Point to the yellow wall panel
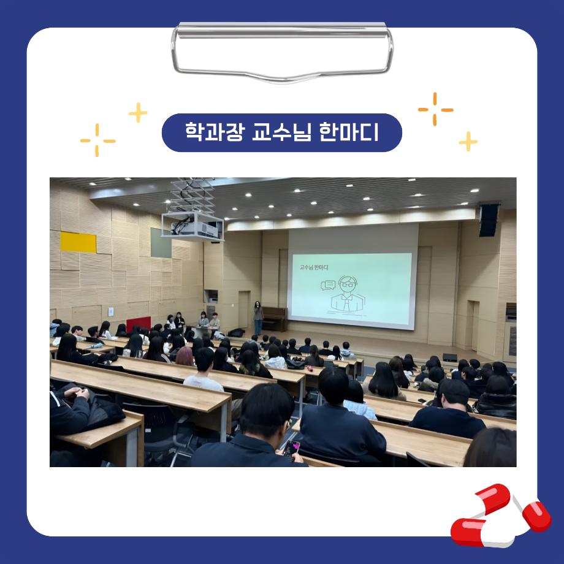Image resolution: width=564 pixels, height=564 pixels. [x=78, y=242]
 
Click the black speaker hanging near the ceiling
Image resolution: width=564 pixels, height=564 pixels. [x=489, y=219]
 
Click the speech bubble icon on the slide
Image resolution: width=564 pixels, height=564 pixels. [x=328, y=284]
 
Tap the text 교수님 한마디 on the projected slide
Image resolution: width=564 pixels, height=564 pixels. [x=314, y=267]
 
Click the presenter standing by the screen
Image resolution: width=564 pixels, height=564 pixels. [x=259, y=318]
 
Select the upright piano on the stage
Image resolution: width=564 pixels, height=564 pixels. [x=274, y=319]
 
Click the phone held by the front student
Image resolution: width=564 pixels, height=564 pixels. [x=291, y=448]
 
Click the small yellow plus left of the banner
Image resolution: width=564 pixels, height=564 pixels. [x=138, y=113]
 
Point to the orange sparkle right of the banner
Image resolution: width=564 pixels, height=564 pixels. [x=435, y=109]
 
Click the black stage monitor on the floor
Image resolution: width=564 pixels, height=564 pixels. [x=449, y=357]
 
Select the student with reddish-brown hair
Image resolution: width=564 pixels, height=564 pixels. [x=185, y=356]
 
